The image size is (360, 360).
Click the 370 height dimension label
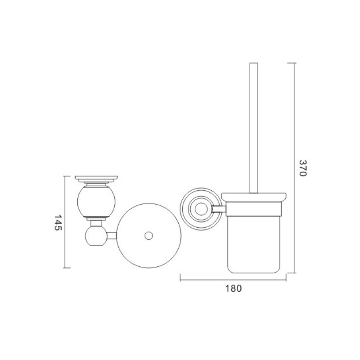point(303,168)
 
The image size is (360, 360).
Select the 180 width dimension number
point(234,288)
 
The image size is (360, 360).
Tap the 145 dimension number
point(58,222)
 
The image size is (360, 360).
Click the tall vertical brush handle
point(254,128)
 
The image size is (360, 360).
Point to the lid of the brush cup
point(254,198)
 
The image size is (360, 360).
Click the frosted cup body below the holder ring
point(254,245)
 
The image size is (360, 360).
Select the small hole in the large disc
point(149,236)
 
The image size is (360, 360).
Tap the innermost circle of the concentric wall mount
point(201,209)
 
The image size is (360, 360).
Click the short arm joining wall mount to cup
point(219,209)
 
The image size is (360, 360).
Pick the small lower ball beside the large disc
point(96,236)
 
